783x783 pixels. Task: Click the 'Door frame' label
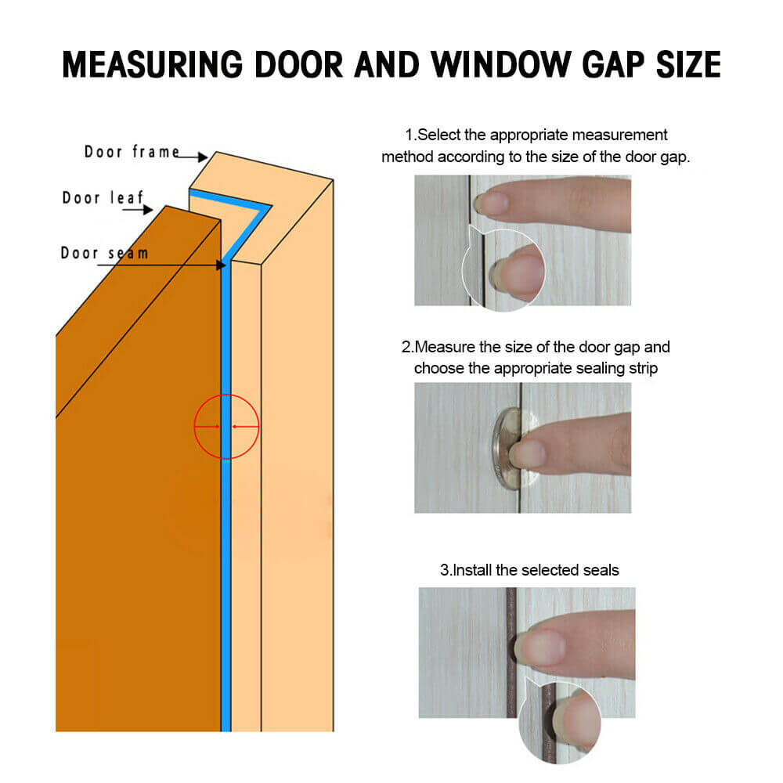click(x=132, y=152)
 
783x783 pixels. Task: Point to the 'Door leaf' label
click(x=103, y=197)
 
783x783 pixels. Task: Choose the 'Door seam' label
click(x=104, y=253)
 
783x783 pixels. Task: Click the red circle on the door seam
click(x=226, y=427)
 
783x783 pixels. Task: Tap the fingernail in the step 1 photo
click(x=491, y=205)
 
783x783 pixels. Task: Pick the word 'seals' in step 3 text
click(x=601, y=570)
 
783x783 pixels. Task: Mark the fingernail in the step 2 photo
click(x=525, y=452)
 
